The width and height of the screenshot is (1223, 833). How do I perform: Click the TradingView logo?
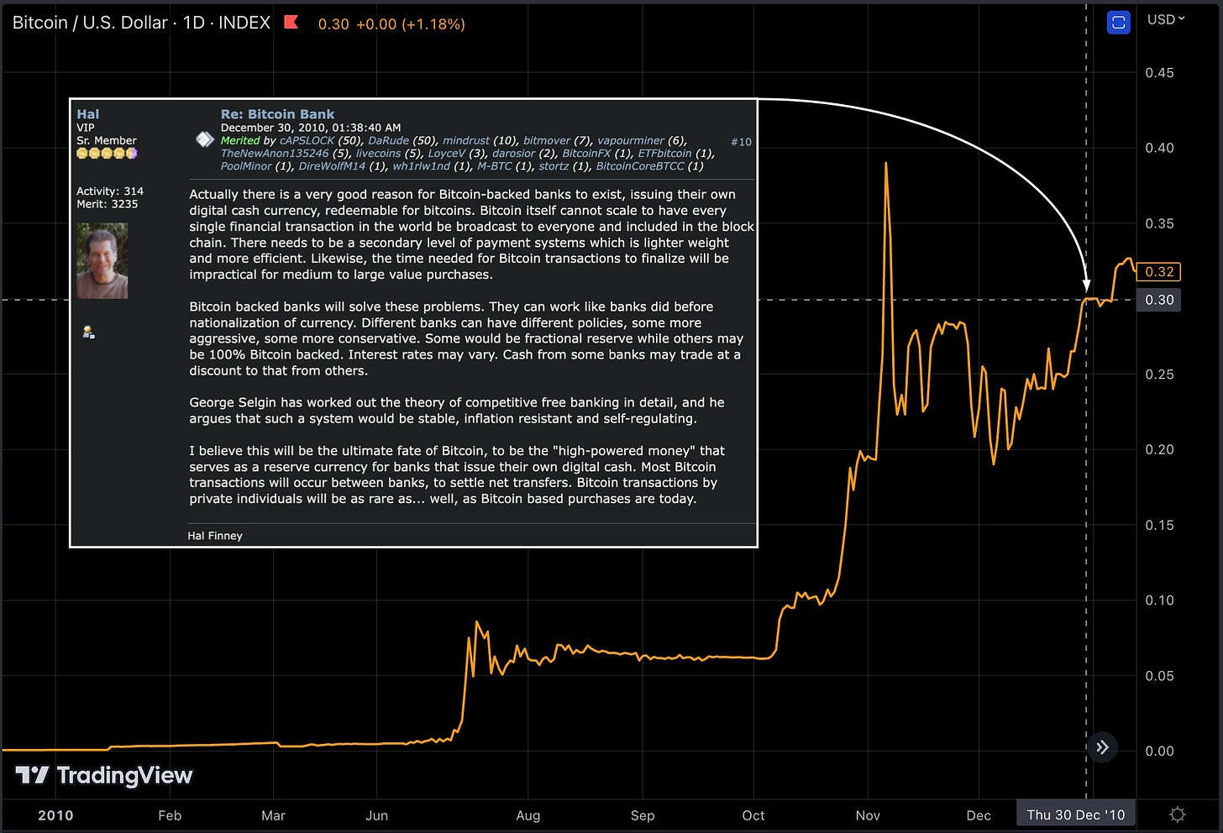(105, 775)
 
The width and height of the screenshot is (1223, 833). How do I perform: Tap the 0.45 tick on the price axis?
(1159, 73)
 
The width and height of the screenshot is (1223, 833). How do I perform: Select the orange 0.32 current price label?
(1158, 272)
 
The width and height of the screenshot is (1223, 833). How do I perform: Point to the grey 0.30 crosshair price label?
(1158, 300)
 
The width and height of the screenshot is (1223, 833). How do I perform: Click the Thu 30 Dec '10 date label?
(1075, 815)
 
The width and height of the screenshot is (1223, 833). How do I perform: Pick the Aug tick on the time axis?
(528, 815)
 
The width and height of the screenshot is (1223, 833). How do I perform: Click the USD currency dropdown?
(1166, 19)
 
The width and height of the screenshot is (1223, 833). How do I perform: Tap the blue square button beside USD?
(1118, 23)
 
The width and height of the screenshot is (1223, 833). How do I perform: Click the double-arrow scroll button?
(1102, 747)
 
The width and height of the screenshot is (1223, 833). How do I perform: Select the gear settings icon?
(1178, 815)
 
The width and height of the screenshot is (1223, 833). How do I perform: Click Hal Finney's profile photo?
(102, 260)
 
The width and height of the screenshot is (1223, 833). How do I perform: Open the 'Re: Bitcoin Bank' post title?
(277, 114)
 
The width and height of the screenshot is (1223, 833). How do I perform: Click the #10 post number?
(741, 142)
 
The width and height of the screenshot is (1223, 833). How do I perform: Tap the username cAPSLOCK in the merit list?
(307, 140)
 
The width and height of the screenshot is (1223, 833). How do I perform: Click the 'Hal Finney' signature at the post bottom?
(215, 536)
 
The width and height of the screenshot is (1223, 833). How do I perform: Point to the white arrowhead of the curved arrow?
(1086, 286)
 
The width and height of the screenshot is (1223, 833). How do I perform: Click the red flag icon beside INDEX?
(291, 22)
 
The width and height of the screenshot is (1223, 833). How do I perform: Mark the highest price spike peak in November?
(886, 164)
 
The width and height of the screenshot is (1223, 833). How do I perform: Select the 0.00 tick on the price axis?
(1159, 751)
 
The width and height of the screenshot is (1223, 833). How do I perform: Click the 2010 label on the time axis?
(55, 815)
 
